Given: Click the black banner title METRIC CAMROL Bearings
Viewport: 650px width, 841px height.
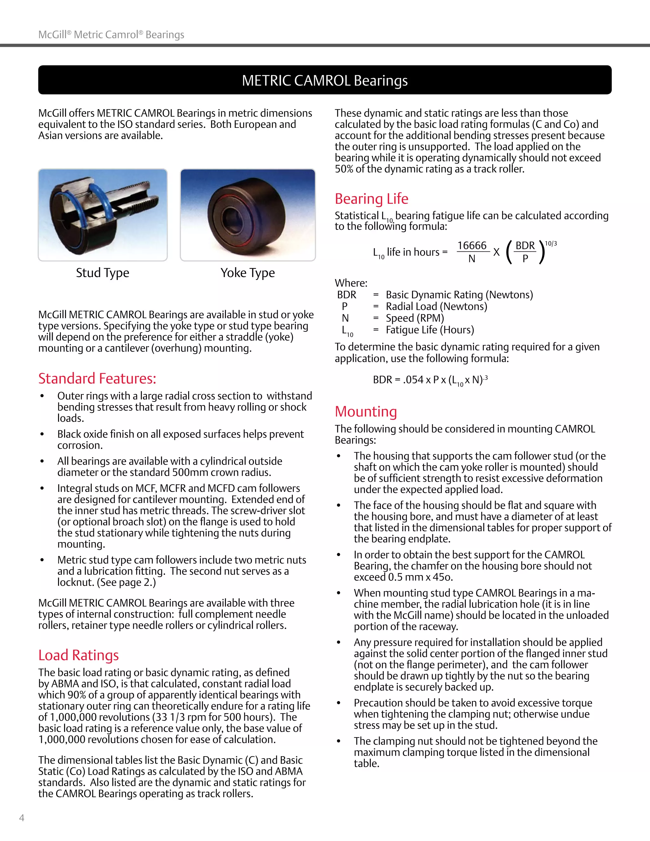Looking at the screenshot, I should (x=325, y=81).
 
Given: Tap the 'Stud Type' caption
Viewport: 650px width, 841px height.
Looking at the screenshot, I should (x=103, y=273).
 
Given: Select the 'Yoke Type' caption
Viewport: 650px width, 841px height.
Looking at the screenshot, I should (x=248, y=273).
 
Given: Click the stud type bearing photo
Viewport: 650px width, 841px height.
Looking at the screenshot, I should (x=103, y=215).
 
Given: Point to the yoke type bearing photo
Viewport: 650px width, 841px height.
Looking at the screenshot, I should (x=248, y=215).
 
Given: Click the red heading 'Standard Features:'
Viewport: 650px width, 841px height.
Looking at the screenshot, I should (x=97, y=379).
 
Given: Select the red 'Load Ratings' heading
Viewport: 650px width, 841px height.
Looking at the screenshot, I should (x=79, y=655).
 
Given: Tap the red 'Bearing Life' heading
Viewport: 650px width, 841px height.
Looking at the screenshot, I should (x=371, y=199).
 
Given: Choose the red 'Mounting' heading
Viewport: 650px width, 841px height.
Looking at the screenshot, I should (x=366, y=412).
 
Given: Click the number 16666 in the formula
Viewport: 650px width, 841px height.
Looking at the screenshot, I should (x=472, y=246).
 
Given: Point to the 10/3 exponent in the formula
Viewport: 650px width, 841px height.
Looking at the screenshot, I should (x=551, y=243).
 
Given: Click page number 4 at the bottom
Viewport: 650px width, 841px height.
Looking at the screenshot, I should (x=22, y=818).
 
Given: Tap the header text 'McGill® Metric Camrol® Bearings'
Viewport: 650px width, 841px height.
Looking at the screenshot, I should (x=111, y=35).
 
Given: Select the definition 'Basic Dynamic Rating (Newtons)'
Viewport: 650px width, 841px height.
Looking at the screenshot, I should (x=459, y=295).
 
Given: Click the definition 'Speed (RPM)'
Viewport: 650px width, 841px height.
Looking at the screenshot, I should (x=415, y=318).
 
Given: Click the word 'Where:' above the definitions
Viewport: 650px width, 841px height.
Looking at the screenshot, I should (x=351, y=283).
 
